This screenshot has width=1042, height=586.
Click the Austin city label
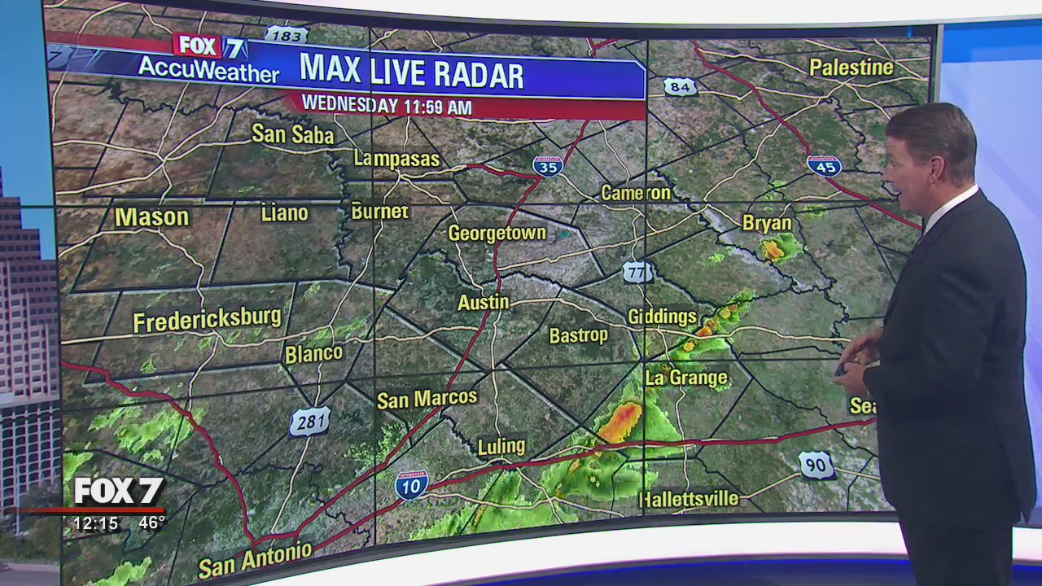(x=484, y=302)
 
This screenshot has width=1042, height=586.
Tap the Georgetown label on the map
(x=497, y=234)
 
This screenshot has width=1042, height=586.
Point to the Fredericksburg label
(x=207, y=320)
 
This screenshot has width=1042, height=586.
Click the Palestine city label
(x=852, y=67)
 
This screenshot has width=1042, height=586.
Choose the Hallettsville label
(x=689, y=499)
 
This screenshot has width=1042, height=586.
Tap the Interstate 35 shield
(x=548, y=166)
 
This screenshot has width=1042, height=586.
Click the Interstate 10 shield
(x=411, y=484)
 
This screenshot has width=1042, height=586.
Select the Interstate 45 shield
(x=824, y=165)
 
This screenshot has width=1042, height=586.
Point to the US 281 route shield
(x=310, y=422)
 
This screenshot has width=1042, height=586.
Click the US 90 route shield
(x=816, y=465)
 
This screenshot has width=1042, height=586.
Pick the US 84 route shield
(x=680, y=86)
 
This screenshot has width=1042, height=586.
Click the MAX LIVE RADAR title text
(x=411, y=72)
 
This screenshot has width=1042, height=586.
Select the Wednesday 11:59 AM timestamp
(x=387, y=105)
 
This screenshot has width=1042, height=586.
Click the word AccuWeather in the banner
(x=208, y=70)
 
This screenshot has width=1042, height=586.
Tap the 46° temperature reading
(x=151, y=523)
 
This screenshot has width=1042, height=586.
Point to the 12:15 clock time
(x=96, y=523)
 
